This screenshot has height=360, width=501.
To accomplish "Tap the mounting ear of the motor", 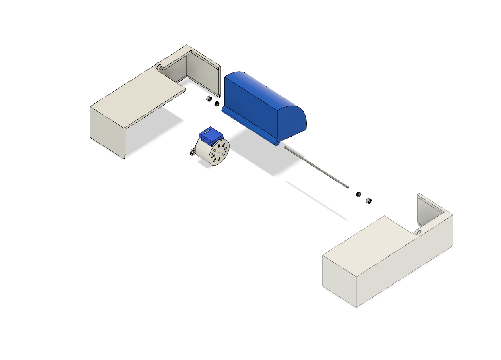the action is pyautogui.click(x=193, y=152).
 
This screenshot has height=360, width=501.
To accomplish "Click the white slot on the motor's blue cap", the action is pyautogui.click(x=207, y=131).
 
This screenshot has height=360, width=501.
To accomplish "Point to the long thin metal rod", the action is pyautogui.click(x=316, y=167).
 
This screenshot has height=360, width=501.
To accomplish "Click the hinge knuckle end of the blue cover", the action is pyautogui.click(x=276, y=143).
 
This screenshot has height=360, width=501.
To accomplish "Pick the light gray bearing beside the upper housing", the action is pyautogui.click(x=209, y=99).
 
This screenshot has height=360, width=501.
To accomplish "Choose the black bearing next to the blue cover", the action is pyautogui.click(x=217, y=104).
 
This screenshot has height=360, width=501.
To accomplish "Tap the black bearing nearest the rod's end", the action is pyautogui.click(x=358, y=194).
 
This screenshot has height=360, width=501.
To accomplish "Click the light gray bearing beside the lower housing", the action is pyautogui.click(x=368, y=200).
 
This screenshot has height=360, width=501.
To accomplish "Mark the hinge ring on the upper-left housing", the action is pyautogui.click(x=159, y=66).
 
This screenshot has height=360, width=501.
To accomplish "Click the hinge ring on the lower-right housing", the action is pyautogui.click(x=418, y=232).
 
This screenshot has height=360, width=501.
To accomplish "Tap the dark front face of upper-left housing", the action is pyautogui.click(x=107, y=131).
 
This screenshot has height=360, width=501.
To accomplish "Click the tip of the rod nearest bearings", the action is pyautogui.click(x=347, y=186).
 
